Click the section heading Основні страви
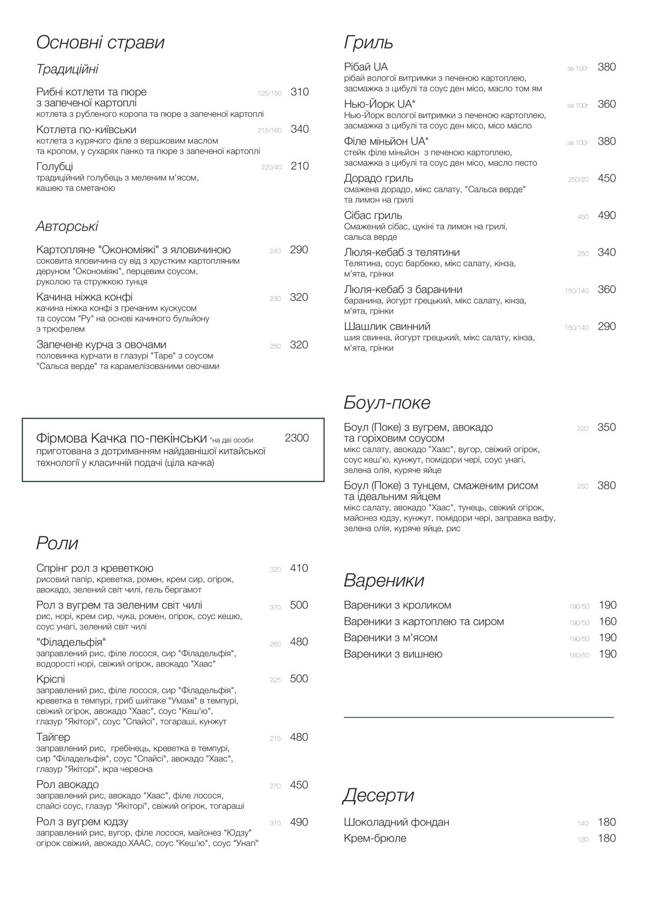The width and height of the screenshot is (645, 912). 100,43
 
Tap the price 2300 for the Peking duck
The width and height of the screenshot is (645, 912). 297,438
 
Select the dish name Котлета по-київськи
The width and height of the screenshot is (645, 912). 86,130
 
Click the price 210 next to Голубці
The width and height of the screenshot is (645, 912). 299,166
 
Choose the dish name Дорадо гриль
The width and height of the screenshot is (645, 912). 378,178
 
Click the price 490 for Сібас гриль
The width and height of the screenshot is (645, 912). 606,216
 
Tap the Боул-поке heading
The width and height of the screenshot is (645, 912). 387,403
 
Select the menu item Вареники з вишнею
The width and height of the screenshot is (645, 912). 393,654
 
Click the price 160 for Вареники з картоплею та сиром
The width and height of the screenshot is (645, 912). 607,622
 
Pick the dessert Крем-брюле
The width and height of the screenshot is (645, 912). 375,838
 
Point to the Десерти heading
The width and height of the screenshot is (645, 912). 378,795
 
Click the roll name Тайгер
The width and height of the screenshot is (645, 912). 53,737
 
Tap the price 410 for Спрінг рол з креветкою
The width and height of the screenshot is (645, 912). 299,568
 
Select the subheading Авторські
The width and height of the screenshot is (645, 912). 67,226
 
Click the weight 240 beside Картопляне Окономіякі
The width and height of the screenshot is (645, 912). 275,251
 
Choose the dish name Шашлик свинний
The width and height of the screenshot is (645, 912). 387,327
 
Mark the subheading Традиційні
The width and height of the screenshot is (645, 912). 67,69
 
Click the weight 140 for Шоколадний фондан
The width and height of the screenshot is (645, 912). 583,823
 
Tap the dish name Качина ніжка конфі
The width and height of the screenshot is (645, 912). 84,297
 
